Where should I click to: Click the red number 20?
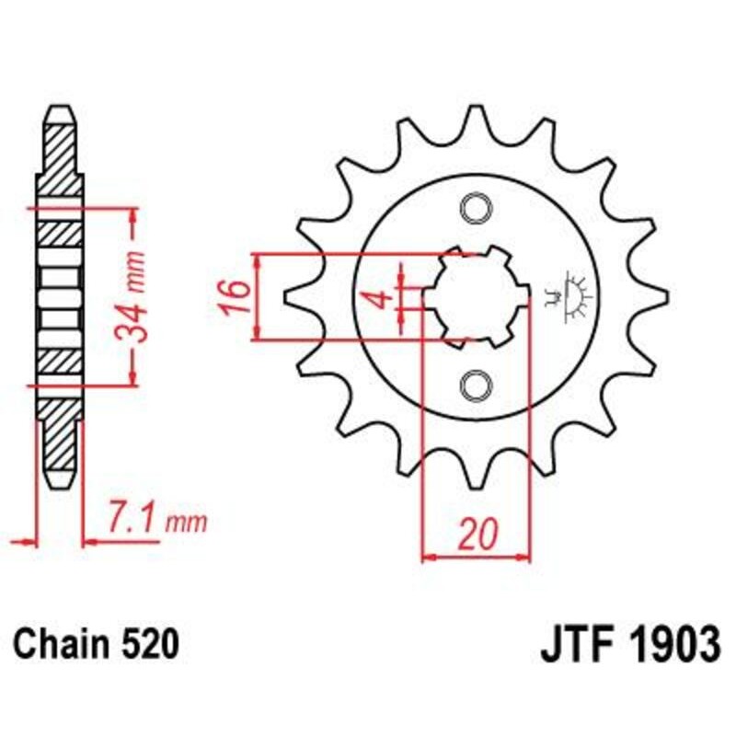point(477,534)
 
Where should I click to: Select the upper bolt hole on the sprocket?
point(477,209)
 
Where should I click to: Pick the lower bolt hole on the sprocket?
point(477,384)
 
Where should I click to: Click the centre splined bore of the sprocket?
point(477,296)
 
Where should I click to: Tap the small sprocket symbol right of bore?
point(574,297)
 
